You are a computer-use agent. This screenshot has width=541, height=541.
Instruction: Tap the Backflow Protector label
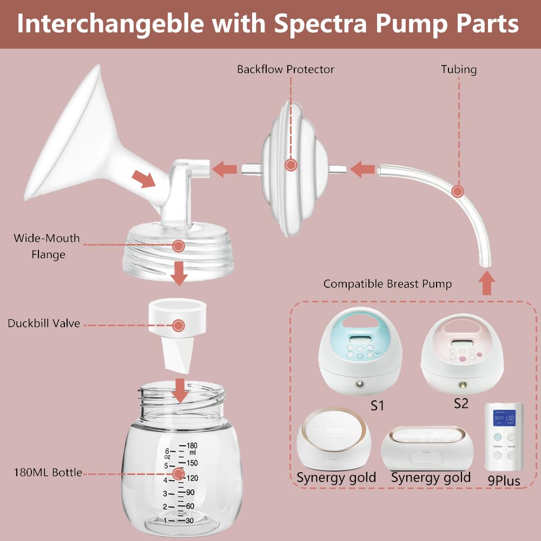tap(286, 69)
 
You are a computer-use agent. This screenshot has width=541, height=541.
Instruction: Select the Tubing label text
tap(459, 69)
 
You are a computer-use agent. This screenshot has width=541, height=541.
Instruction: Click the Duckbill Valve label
tap(44, 324)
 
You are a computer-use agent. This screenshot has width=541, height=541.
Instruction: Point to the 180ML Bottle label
tap(48, 472)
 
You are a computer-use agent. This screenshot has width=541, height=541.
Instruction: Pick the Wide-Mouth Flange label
tap(47, 246)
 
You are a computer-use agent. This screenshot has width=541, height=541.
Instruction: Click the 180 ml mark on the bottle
tap(192, 445)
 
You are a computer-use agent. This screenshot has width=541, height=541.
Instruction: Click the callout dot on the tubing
tap(458, 191)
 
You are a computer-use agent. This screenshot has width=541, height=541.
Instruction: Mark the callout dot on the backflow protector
tap(291, 164)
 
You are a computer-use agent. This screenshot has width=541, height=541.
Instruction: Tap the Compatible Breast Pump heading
tap(387, 283)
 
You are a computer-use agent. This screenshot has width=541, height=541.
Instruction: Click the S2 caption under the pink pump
tap(461, 403)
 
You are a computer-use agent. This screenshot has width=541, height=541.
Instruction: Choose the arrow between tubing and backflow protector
tap(362, 169)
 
